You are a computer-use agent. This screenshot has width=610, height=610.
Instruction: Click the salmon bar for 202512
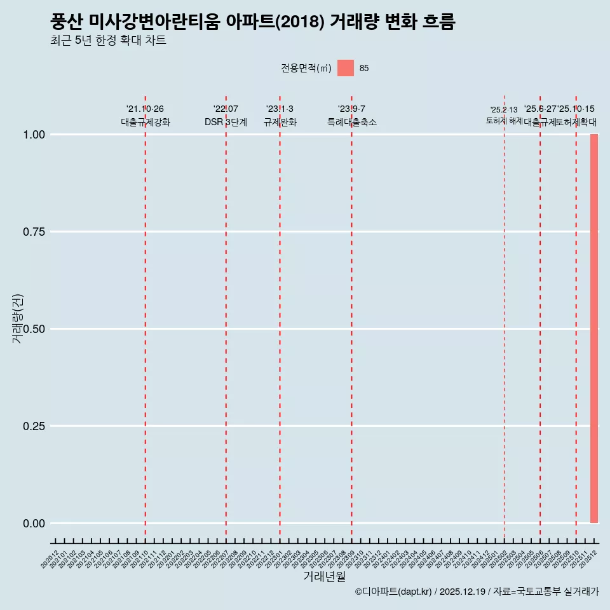tap(594, 329)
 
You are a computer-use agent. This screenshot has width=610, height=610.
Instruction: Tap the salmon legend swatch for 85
tap(346, 68)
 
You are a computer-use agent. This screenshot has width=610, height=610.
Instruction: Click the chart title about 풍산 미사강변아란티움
tap(253, 22)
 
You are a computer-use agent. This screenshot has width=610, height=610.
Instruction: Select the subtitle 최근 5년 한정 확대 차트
tap(108, 41)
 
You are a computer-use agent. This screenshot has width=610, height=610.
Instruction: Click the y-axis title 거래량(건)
tap(18, 319)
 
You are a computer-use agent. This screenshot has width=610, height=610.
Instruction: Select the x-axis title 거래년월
tap(325, 577)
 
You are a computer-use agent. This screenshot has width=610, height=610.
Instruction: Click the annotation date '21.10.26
tap(145, 109)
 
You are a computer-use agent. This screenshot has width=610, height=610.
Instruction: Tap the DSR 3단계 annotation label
tap(226, 122)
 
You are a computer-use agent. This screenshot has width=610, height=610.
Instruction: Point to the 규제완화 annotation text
tap(280, 122)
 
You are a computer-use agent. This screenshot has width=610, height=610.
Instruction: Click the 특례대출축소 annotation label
tap(352, 122)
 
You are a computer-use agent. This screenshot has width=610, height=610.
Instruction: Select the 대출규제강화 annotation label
tap(146, 122)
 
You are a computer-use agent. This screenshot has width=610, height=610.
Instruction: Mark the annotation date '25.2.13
tap(504, 109)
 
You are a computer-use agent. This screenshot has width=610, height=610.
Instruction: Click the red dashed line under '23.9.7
tap(352, 318)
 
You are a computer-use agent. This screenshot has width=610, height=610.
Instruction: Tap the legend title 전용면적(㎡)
tap(306, 68)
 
